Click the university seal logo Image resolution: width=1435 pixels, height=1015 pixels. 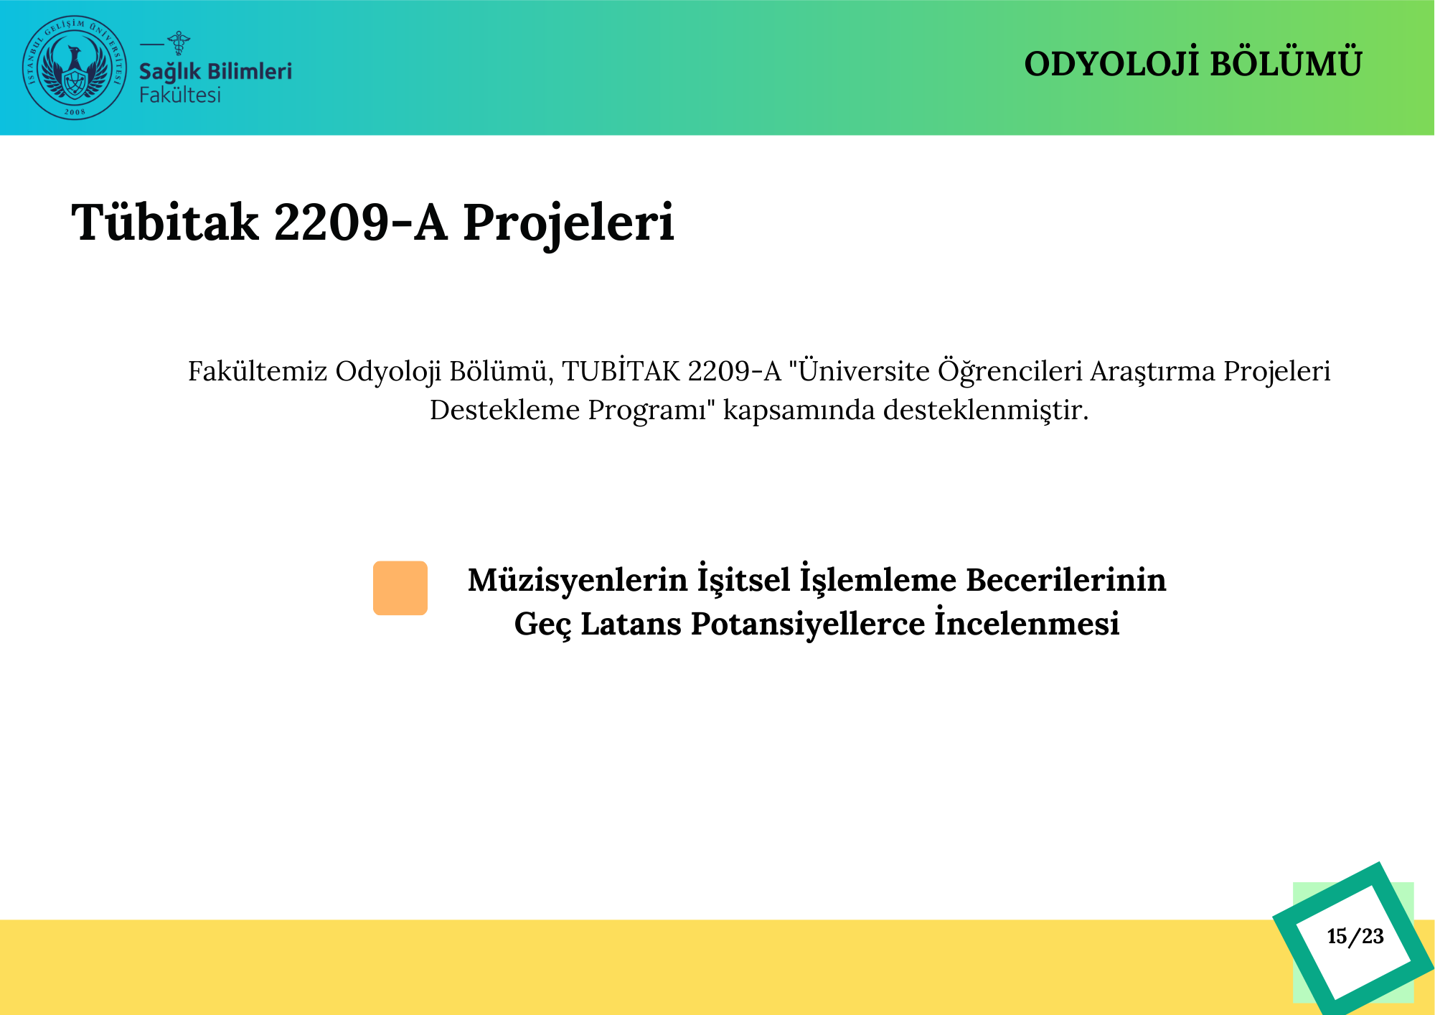[x=75, y=67]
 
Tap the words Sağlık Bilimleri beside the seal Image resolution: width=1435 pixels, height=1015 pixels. [x=215, y=72]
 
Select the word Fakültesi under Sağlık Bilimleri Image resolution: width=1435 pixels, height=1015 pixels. [x=180, y=95]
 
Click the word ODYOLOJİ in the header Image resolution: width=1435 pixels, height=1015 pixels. [x=1112, y=63]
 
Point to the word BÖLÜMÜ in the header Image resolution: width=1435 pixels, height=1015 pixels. [x=1286, y=63]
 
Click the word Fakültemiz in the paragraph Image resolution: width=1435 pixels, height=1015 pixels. [x=258, y=372]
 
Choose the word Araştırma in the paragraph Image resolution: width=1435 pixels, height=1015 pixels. [x=1152, y=372]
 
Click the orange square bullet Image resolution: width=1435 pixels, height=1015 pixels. [x=400, y=588]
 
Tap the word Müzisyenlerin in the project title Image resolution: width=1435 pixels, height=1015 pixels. [x=578, y=580]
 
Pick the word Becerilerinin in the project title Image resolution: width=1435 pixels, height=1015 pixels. [x=1066, y=580]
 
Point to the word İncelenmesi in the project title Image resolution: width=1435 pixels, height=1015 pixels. [x=1027, y=622]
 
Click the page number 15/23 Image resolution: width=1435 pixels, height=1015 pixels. [x=1355, y=936]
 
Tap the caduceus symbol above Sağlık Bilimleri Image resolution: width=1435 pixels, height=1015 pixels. [x=178, y=43]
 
